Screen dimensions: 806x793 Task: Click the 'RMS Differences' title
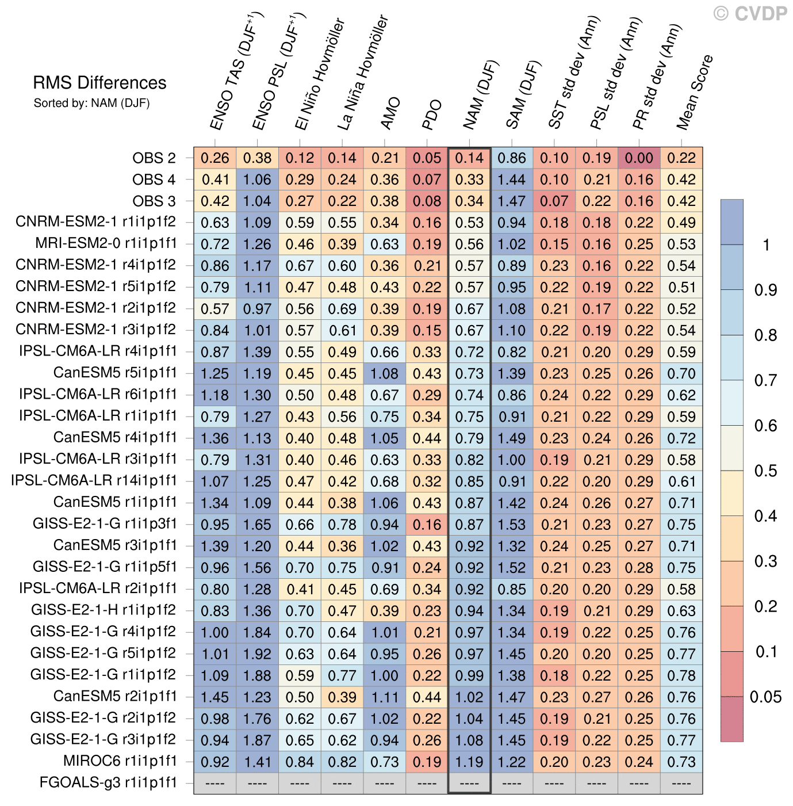[x=99, y=83]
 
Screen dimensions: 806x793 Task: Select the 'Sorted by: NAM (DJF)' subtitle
[x=91, y=104]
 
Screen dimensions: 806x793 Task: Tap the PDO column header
[x=432, y=114]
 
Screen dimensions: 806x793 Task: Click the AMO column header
[x=391, y=113]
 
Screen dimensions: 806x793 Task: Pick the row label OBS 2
[x=154, y=158]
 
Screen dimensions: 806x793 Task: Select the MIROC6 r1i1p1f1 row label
[x=120, y=761]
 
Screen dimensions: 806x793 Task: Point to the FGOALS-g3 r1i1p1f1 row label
[x=108, y=782]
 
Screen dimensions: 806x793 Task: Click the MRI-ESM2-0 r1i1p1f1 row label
[x=106, y=243]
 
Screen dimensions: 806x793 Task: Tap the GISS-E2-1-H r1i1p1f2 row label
[x=104, y=610]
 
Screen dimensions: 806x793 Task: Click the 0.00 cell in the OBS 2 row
[x=639, y=158]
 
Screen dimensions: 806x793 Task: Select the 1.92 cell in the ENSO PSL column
[x=257, y=654]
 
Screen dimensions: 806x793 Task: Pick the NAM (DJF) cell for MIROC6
[x=469, y=762]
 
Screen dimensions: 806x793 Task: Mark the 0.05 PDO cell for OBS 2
[x=427, y=158]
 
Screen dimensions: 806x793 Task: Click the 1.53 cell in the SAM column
[x=512, y=525]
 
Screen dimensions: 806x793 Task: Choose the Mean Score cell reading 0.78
[x=681, y=675]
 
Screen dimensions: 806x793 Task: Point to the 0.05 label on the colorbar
[x=765, y=697]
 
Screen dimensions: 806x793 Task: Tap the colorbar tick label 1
[x=765, y=245]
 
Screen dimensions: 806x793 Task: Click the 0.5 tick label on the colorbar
[x=765, y=471]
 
